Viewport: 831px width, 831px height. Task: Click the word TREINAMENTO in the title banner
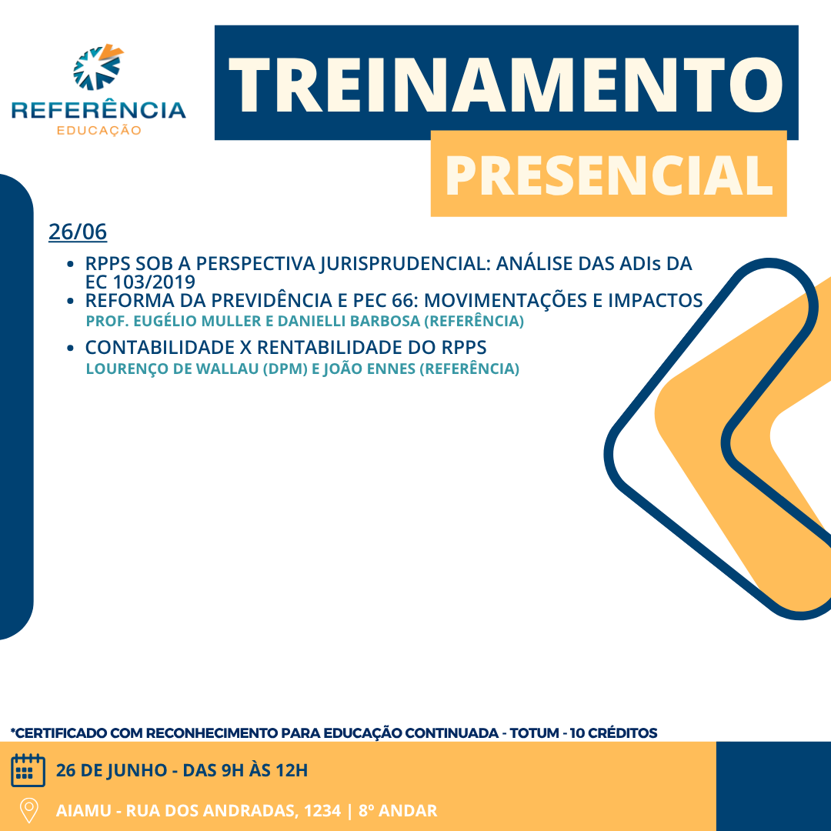(x=506, y=85)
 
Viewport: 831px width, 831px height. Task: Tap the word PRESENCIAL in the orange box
(x=609, y=175)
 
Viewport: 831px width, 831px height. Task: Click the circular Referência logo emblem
(x=98, y=67)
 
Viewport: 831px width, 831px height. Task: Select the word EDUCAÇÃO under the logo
(x=99, y=130)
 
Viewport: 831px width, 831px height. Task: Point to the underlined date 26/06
(x=78, y=232)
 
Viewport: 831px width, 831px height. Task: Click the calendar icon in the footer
(x=28, y=770)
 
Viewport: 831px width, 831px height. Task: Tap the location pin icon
(x=28, y=810)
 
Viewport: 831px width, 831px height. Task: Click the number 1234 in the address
(x=322, y=810)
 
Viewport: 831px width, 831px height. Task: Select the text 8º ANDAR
(x=398, y=810)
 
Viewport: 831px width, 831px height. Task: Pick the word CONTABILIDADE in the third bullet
(x=159, y=348)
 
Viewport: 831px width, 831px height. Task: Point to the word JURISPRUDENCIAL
(x=405, y=263)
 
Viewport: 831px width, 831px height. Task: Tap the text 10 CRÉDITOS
(x=613, y=733)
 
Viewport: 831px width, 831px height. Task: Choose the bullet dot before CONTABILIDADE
(x=70, y=349)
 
